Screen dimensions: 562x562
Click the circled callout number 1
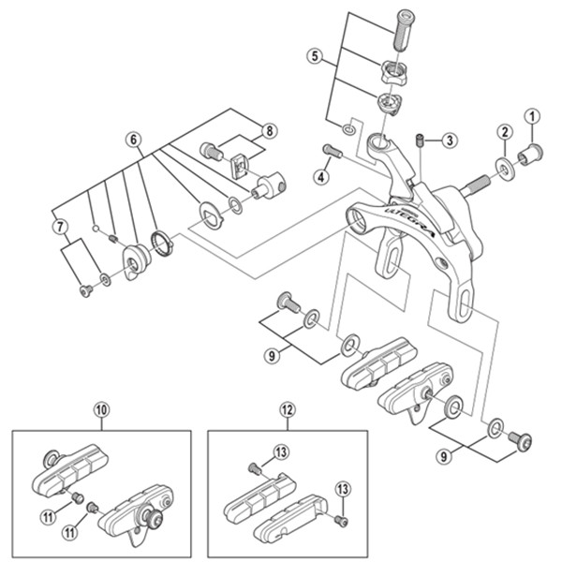click(x=534, y=117)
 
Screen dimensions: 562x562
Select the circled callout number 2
click(x=504, y=132)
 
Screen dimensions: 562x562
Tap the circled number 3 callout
click(x=450, y=140)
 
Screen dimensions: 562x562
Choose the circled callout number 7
click(x=59, y=226)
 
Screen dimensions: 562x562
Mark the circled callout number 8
click(x=270, y=130)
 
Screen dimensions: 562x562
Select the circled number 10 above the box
click(x=101, y=408)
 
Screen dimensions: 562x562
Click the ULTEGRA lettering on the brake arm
click(x=387, y=216)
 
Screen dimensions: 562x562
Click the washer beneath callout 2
click(x=505, y=169)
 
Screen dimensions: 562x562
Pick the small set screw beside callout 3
click(x=421, y=140)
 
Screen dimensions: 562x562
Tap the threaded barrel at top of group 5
click(x=404, y=27)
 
